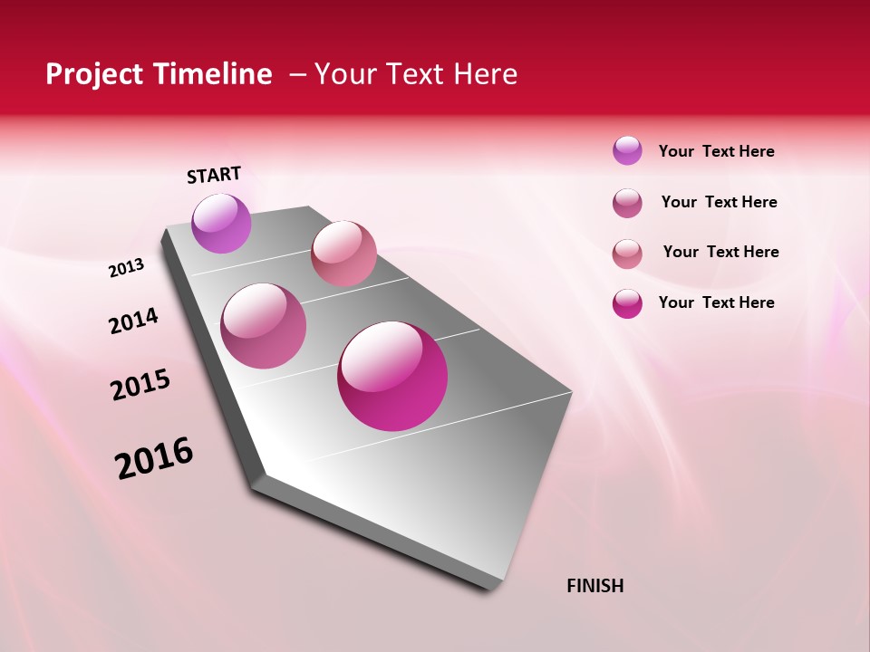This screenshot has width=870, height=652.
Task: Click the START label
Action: tap(214, 175)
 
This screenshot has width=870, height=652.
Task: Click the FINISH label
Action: tap(594, 586)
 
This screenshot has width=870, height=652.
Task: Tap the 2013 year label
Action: tap(126, 268)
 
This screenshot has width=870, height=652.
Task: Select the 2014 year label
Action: tap(133, 321)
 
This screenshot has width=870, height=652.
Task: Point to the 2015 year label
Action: tap(140, 385)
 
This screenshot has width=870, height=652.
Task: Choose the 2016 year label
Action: tap(154, 458)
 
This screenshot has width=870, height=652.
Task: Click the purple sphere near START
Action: tap(221, 224)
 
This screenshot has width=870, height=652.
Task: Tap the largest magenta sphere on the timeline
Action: tap(392, 376)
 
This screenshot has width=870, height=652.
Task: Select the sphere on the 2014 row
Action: tap(264, 326)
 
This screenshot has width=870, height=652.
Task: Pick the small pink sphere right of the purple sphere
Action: tap(343, 254)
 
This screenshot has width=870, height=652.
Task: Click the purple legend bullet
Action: tap(627, 151)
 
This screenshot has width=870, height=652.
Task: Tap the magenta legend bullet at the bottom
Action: tap(627, 303)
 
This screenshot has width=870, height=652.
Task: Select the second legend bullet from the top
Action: tap(627, 203)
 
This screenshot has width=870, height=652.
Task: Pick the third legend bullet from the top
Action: tap(627, 253)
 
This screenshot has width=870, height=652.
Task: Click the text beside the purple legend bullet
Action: tap(716, 152)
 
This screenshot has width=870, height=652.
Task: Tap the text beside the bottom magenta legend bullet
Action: tap(716, 302)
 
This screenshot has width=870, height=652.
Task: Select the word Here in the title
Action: tap(485, 74)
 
